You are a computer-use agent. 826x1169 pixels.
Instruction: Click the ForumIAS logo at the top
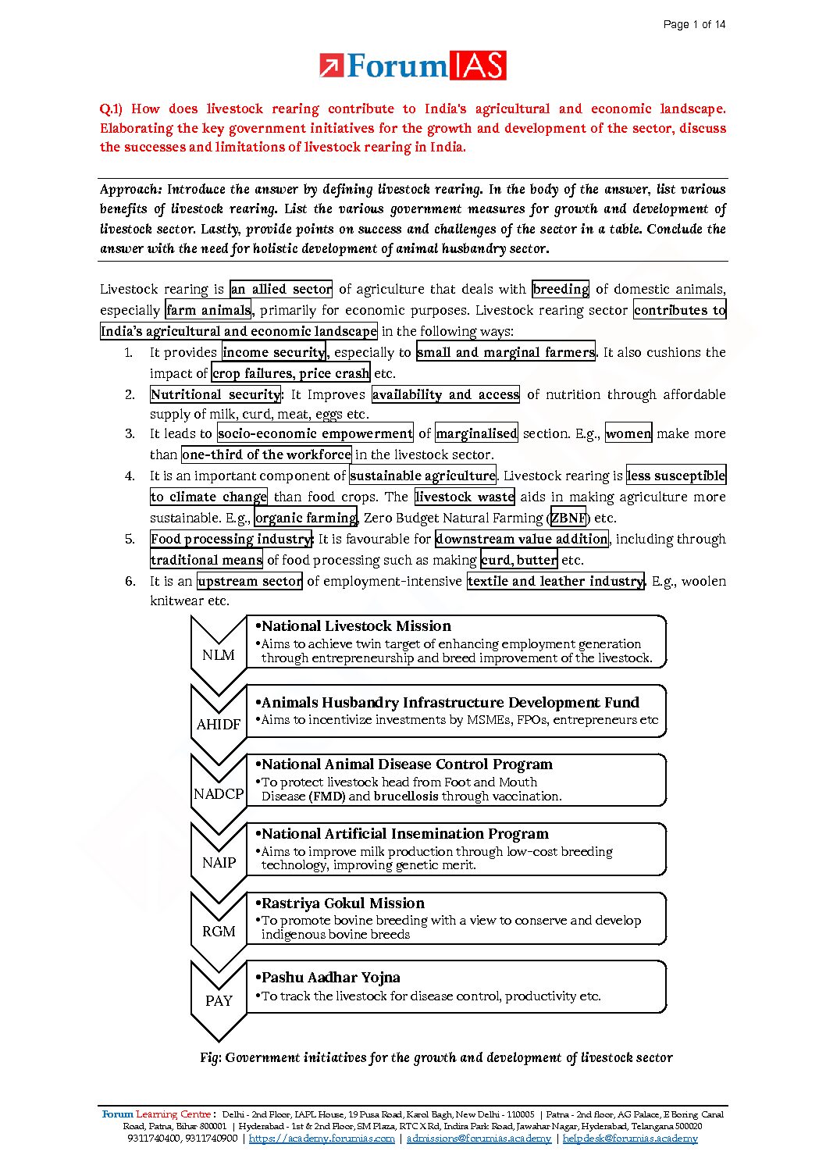[412, 66]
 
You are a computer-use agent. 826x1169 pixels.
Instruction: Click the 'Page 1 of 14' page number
[694, 24]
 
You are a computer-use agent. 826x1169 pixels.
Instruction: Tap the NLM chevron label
[219, 655]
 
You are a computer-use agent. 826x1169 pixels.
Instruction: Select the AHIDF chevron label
[219, 725]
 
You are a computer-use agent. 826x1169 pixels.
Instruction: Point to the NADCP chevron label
[219, 794]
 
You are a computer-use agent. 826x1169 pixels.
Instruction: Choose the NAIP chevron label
[219, 863]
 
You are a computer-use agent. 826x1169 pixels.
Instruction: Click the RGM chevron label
[219, 932]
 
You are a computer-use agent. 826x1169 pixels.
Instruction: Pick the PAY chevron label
[219, 1001]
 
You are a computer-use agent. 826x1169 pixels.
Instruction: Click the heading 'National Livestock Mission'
[356, 626]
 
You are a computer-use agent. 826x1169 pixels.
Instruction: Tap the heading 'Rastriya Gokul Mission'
[343, 903]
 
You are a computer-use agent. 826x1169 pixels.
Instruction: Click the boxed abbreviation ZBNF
[568, 518]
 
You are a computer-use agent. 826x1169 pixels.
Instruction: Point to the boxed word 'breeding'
[561, 289]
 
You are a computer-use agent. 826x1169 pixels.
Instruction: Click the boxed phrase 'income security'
[274, 352]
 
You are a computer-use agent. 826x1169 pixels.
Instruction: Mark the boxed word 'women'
[628, 433]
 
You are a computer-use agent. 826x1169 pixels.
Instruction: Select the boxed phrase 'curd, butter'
[519, 560]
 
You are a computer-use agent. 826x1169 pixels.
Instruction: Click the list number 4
[130, 476]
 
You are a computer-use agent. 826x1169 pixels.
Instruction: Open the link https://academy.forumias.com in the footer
[322, 1139]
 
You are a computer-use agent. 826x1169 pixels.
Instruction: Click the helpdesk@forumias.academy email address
[630, 1139]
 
